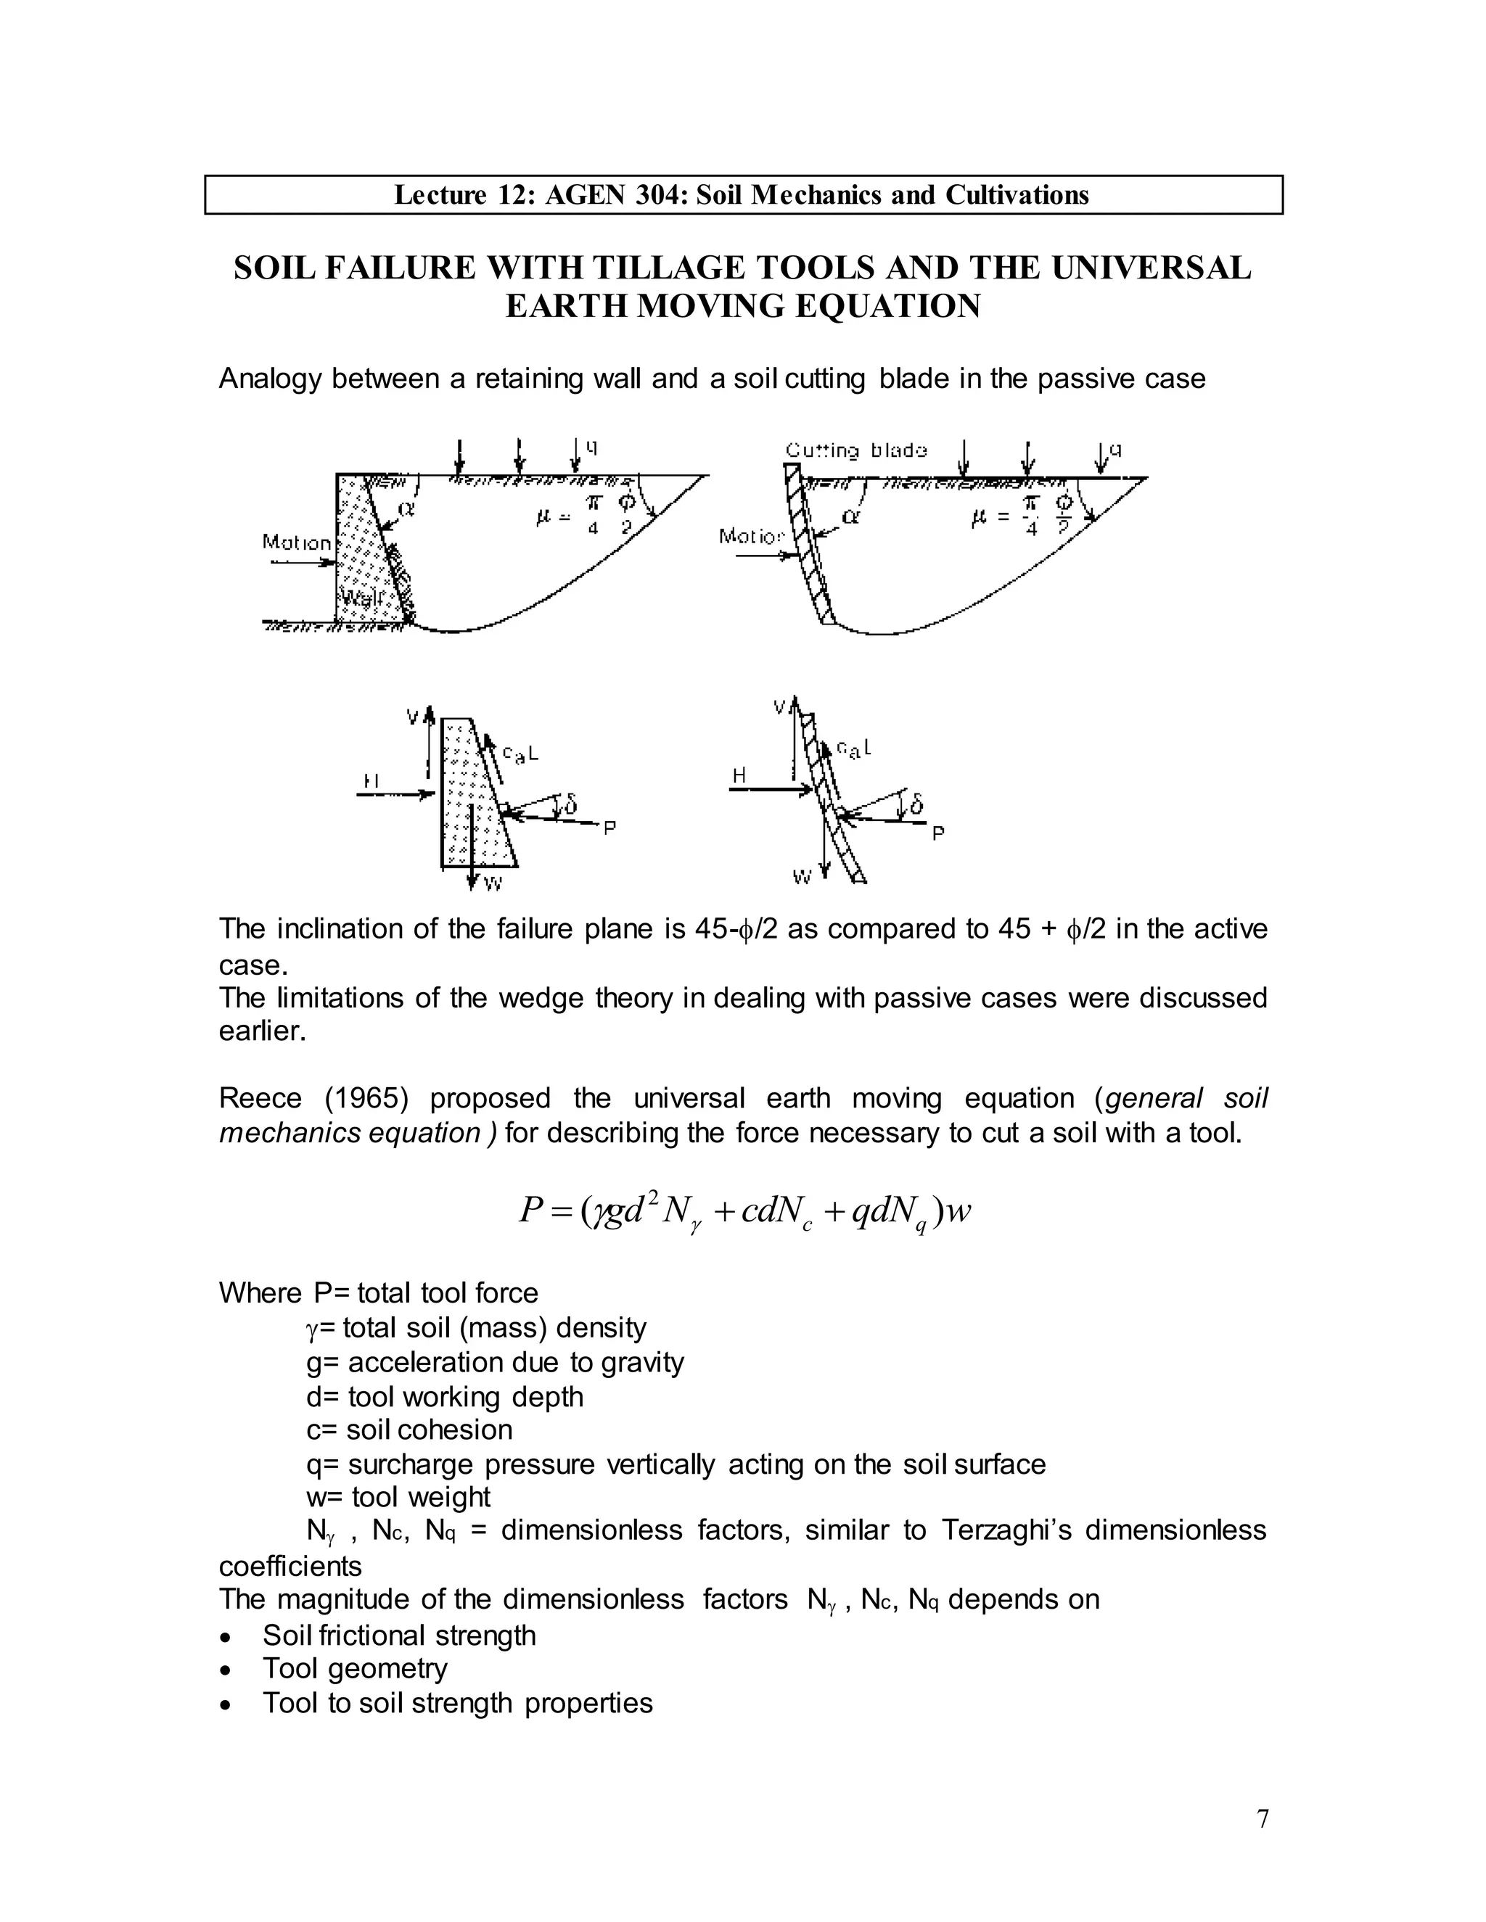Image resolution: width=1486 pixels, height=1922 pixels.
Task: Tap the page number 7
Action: [1263, 1818]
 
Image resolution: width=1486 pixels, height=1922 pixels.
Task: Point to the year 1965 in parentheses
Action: [366, 1098]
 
